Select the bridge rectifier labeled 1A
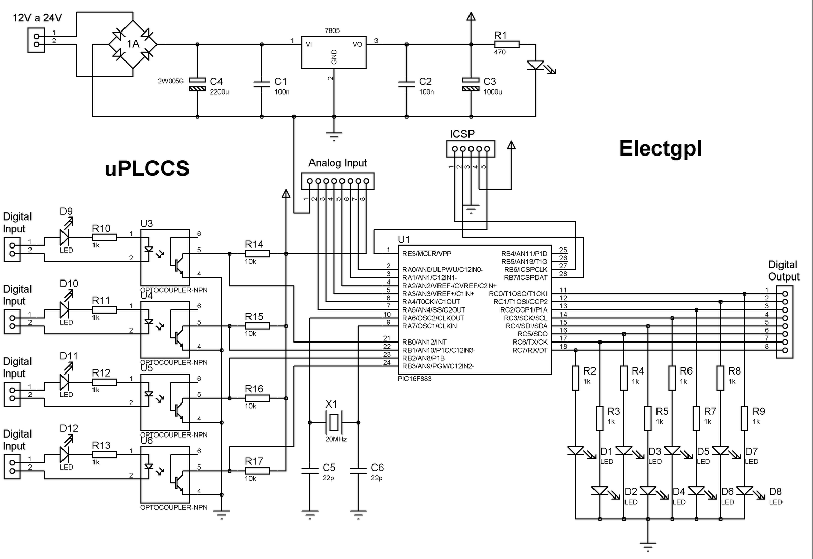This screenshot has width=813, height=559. [x=133, y=44]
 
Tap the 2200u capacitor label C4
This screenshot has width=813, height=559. [x=216, y=81]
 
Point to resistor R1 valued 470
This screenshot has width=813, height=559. [x=507, y=44]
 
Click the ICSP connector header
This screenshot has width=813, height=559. [x=471, y=149]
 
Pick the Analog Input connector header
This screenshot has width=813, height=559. [x=337, y=181]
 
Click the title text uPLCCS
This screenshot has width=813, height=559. [x=147, y=168]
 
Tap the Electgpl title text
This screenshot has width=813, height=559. [x=660, y=148]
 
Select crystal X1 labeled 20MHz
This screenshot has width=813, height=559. [x=333, y=422]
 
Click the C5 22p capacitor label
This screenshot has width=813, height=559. [x=329, y=468]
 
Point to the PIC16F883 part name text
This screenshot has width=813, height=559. [x=415, y=379]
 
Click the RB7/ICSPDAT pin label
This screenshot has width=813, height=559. [x=525, y=277]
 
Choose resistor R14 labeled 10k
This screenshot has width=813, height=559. [x=257, y=253]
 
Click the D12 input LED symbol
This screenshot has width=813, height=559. [x=65, y=454]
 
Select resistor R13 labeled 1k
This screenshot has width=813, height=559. [x=104, y=454]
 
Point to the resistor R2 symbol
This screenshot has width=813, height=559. [x=575, y=378]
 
